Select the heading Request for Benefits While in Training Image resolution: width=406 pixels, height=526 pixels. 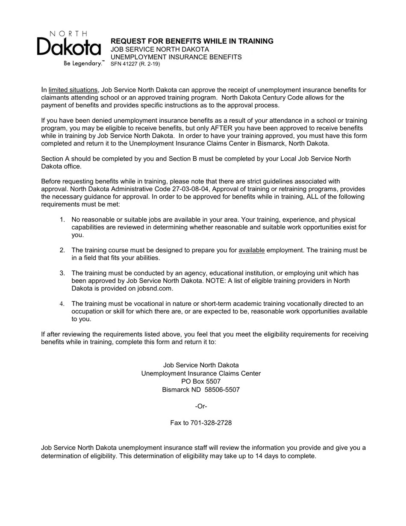(x=192, y=41)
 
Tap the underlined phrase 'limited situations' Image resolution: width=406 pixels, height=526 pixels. (x=73, y=90)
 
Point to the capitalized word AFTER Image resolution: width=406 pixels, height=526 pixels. (x=222, y=128)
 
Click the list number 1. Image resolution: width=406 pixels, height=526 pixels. (x=62, y=220)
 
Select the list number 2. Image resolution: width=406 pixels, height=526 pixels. (x=62, y=250)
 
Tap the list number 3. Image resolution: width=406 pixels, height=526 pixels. (x=62, y=273)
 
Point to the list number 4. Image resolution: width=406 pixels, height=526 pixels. (x=62, y=304)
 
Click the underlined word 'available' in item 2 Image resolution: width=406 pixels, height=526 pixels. (x=252, y=250)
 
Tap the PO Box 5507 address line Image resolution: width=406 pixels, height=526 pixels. (x=201, y=381)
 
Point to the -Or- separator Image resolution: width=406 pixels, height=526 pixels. (x=201, y=406)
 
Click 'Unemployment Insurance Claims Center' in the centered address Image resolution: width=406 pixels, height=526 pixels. (x=201, y=373)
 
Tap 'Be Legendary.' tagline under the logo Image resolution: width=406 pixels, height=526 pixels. (x=83, y=63)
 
